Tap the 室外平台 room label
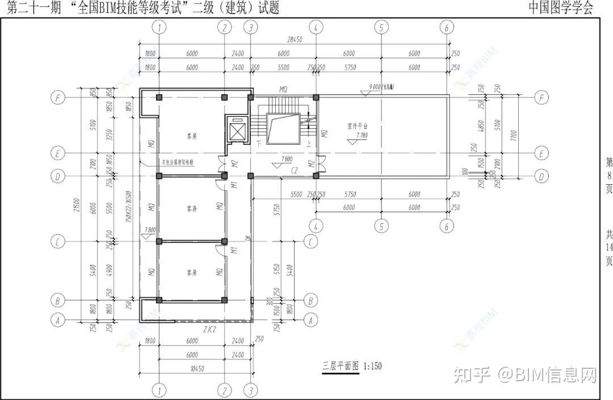[x=358, y=125]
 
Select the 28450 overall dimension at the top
[x=294, y=40]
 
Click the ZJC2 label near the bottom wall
[x=211, y=328]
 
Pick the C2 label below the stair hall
[x=295, y=170]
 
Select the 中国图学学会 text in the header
[x=561, y=7]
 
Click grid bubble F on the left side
[x=57, y=98]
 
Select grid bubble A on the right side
[x=310, y=320]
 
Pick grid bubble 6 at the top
[x=447, y=27]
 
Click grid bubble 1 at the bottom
[x=161, y=390]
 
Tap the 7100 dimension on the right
[x=513, y=136]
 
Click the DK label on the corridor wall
[x=249, y=238]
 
